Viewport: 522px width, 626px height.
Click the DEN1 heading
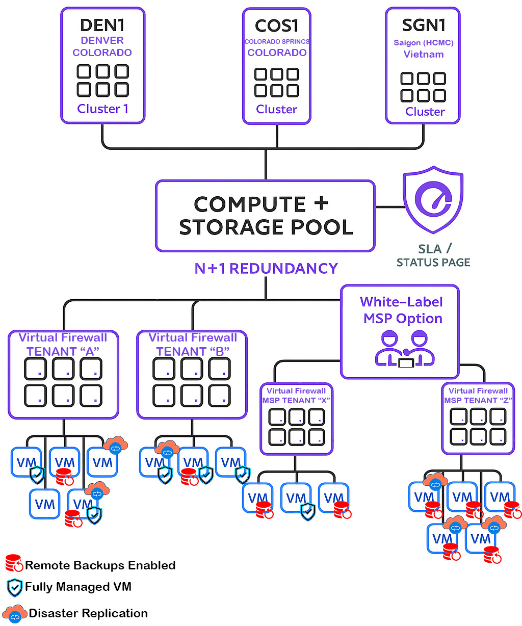[x=102, y=25]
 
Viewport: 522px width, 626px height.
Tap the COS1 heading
[x=277, y=25]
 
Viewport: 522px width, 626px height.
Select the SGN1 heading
[x=423, y=25]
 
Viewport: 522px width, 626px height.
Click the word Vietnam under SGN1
[x=423, y=55]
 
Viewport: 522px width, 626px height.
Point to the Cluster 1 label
[x=102, y=109]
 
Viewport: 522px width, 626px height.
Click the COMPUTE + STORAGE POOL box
[x=265, y=216]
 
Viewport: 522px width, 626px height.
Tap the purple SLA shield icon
[x=433, y=199]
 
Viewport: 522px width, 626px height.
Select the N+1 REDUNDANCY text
[x=266, y=269]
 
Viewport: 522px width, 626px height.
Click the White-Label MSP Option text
[x=402, y=310]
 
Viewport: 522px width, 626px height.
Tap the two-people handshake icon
[x=405, y=349]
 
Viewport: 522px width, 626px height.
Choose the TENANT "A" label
[x=63, y=352]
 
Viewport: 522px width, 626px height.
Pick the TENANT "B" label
[x=193, y=352]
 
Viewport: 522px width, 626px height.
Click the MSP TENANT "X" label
[x=296, y=401]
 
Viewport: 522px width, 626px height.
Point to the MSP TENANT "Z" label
[x=478, y=401]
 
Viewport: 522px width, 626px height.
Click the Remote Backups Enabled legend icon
[x=14, y=563]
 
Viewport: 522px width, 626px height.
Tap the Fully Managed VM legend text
[x=78, y=587]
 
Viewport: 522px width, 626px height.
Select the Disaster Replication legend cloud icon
[x=15, y=614]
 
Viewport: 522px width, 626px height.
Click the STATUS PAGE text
[x=433, y=263]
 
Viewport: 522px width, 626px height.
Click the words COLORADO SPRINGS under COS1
[x=277, y=41]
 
